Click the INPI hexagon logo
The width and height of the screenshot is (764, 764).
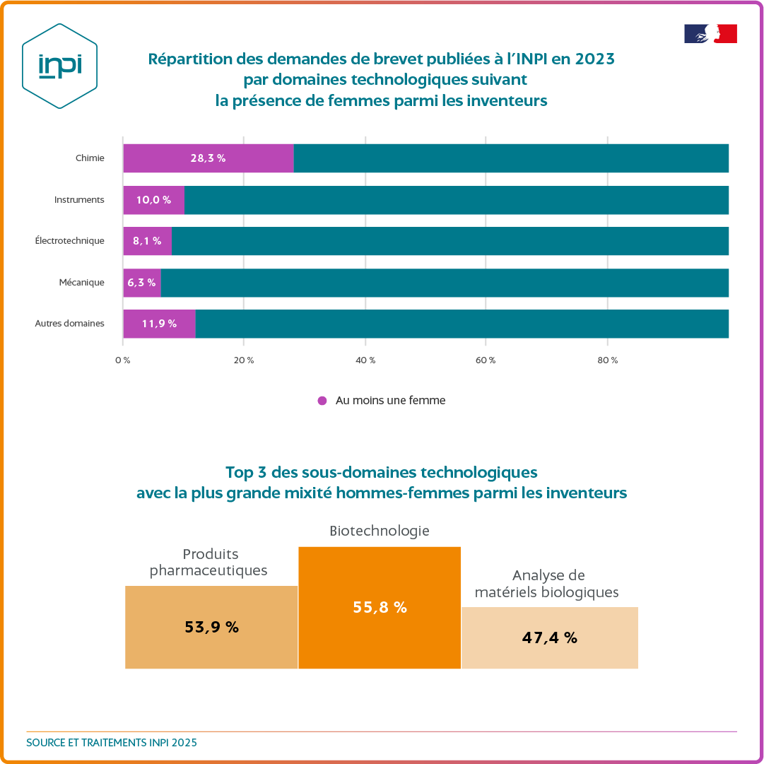[x=59, y=66]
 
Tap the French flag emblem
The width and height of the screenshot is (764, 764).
[x=710, y=34]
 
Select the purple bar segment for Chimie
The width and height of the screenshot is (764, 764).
[x=208, y=158]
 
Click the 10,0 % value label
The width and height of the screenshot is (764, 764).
[x=153, y=200]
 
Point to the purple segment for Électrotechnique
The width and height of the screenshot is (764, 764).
[x=147, y=241]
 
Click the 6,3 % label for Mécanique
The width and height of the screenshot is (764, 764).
[x=141, y=283]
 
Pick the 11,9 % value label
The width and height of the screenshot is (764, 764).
[x=159, y=324]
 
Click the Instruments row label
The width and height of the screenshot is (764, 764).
[x=79, y=200]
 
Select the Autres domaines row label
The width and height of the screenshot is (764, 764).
[x=70, y=324]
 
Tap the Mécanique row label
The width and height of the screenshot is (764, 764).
[x=82, y=283]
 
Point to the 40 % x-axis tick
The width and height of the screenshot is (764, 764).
[x=365, y=360]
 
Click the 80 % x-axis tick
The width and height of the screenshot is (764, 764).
[x=608, y=360]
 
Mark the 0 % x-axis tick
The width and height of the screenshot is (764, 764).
[x=122, y=360]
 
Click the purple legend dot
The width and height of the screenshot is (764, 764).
[x=322, y=401]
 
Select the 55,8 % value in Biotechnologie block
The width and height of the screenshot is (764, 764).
[x=380, y=607]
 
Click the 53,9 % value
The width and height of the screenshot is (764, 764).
[x=211, y=627]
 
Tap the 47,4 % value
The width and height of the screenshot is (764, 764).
[x=550, y=637]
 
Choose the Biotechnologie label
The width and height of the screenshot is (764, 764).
[x=380, y=531]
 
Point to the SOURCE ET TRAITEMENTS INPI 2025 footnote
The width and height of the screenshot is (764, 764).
[x=112, y=743]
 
